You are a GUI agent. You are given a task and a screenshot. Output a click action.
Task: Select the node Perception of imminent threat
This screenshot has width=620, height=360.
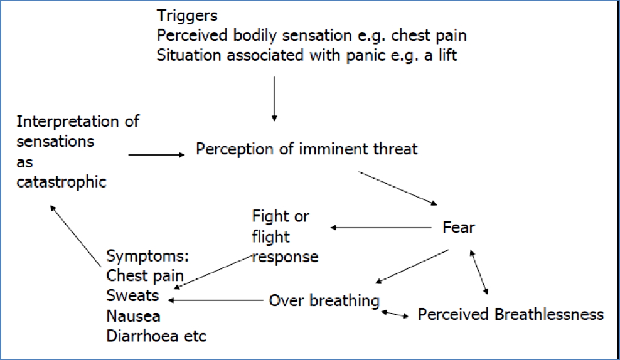point(306,149)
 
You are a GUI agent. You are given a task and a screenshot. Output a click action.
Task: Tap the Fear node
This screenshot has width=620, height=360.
point(458,227)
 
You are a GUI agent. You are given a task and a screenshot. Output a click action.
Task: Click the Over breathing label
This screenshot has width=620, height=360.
point(324,300)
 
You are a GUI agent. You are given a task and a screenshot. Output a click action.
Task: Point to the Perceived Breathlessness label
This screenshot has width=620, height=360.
point(510,314)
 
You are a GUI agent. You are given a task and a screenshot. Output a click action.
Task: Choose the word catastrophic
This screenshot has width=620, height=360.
point(61,182)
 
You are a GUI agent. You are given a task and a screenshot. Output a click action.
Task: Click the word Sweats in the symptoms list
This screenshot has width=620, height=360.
point(132,295)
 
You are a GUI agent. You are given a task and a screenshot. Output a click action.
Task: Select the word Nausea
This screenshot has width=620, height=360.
point(133,315)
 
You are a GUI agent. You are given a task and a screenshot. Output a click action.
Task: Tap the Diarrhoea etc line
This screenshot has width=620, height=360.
point(156,336)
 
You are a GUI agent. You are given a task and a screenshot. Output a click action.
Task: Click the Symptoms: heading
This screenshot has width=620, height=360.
point(147,256)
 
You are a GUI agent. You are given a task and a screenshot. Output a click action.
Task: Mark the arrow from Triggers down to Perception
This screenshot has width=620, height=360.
point(274,97)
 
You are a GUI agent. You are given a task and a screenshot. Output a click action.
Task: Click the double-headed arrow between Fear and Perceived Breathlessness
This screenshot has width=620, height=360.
point(478,272)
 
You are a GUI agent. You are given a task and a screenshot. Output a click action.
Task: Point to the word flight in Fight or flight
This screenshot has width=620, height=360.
point(270,236)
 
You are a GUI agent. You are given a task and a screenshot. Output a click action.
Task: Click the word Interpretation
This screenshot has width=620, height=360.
point(78,120)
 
